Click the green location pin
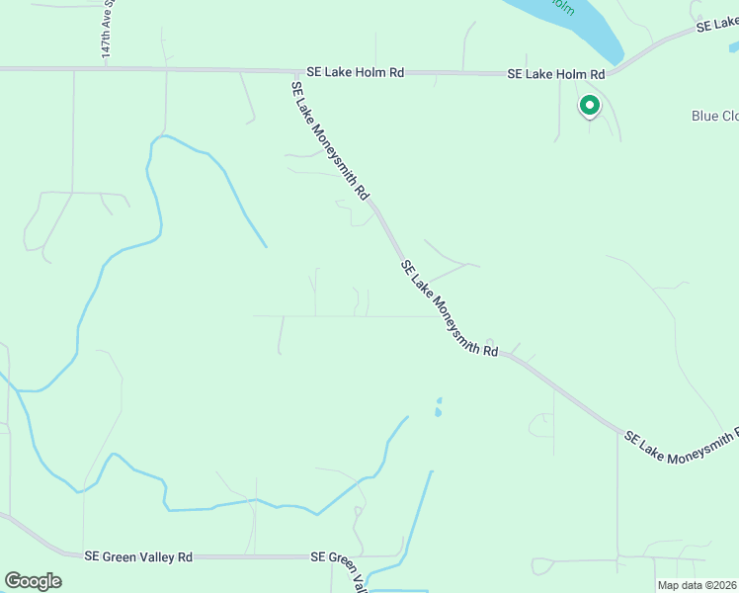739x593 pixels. (590, 106)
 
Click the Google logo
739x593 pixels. (33, 581)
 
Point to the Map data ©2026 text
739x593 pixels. (698, 585)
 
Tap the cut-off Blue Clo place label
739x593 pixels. (714, 116)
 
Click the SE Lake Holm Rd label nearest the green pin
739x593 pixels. (555, 74)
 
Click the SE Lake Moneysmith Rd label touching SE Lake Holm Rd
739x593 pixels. (329, 139)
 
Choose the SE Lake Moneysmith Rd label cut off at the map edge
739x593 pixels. (682, 446)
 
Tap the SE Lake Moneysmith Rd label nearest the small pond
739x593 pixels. (450, 307)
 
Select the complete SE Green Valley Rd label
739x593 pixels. (138, 557)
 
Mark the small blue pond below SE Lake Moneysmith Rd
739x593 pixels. (438, 406)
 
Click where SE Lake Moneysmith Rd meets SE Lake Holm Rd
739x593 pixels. (297, 72)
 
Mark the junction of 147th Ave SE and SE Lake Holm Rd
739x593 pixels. (107, 68)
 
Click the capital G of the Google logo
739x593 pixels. (14, 580)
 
